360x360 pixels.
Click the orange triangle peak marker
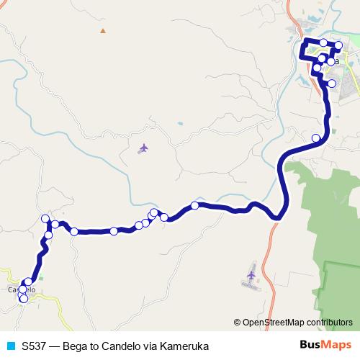click(102, 30)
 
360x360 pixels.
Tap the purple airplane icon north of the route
click(143, 148)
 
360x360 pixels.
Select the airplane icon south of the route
click(251, 275)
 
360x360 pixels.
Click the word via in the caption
click(151, 346)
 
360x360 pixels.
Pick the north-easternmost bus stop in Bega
click(339, 45)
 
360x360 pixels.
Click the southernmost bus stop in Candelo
click(24, 298)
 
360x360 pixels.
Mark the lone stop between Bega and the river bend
click(315, 138)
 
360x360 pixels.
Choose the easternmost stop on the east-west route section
click(194, 206)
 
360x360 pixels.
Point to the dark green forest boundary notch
click(325, 266)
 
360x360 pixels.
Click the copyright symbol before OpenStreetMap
click(238, 323)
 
